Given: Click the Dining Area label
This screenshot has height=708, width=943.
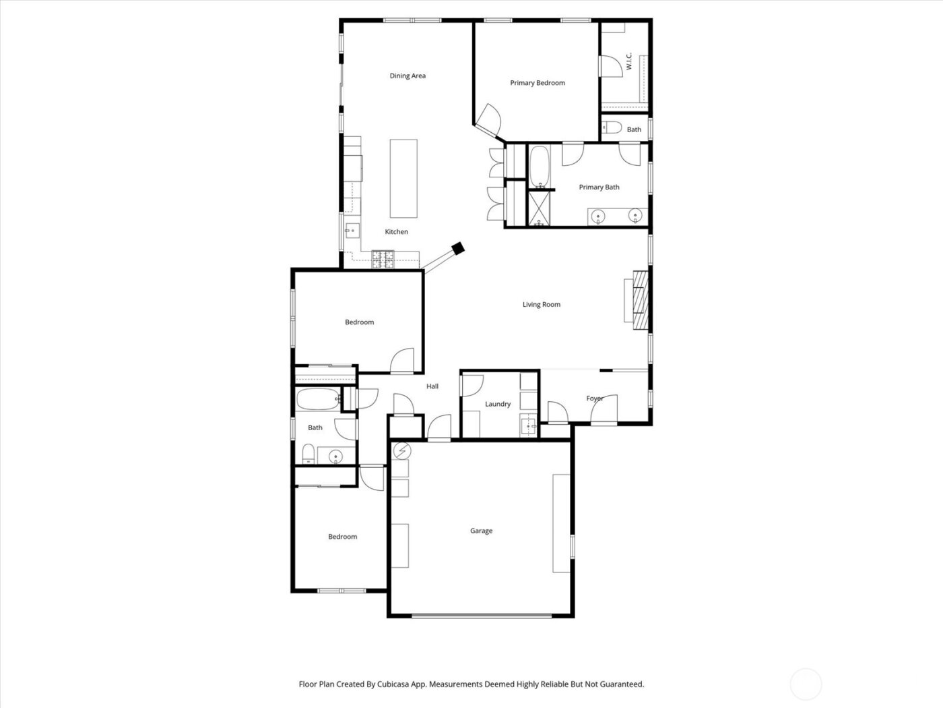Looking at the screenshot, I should [408, 76].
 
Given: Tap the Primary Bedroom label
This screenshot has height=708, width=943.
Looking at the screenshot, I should [537, 83].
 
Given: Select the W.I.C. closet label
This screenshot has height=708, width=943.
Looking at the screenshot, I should [628, 62].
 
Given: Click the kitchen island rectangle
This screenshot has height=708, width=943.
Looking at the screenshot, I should [403, 178].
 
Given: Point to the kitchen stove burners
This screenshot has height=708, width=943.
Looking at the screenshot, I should [383, 256].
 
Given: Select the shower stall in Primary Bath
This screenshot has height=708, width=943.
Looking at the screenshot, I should [539, 208].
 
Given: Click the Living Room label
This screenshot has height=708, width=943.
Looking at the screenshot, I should [541, 305].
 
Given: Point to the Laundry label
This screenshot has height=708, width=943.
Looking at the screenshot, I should [498, 405].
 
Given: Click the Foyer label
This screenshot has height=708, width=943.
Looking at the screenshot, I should [594, 399].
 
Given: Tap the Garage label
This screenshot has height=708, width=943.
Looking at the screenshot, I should [481, 531].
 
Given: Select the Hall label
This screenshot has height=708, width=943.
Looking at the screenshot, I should [432, 386].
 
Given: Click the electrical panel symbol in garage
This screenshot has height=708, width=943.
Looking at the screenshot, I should [401, 450].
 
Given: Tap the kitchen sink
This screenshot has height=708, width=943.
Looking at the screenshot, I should [351, 231].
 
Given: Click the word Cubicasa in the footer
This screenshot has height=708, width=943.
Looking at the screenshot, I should [410, 684].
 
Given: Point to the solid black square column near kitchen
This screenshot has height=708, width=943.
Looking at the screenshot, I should [458, 248].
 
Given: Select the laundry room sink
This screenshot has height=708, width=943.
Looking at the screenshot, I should [529, 425].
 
